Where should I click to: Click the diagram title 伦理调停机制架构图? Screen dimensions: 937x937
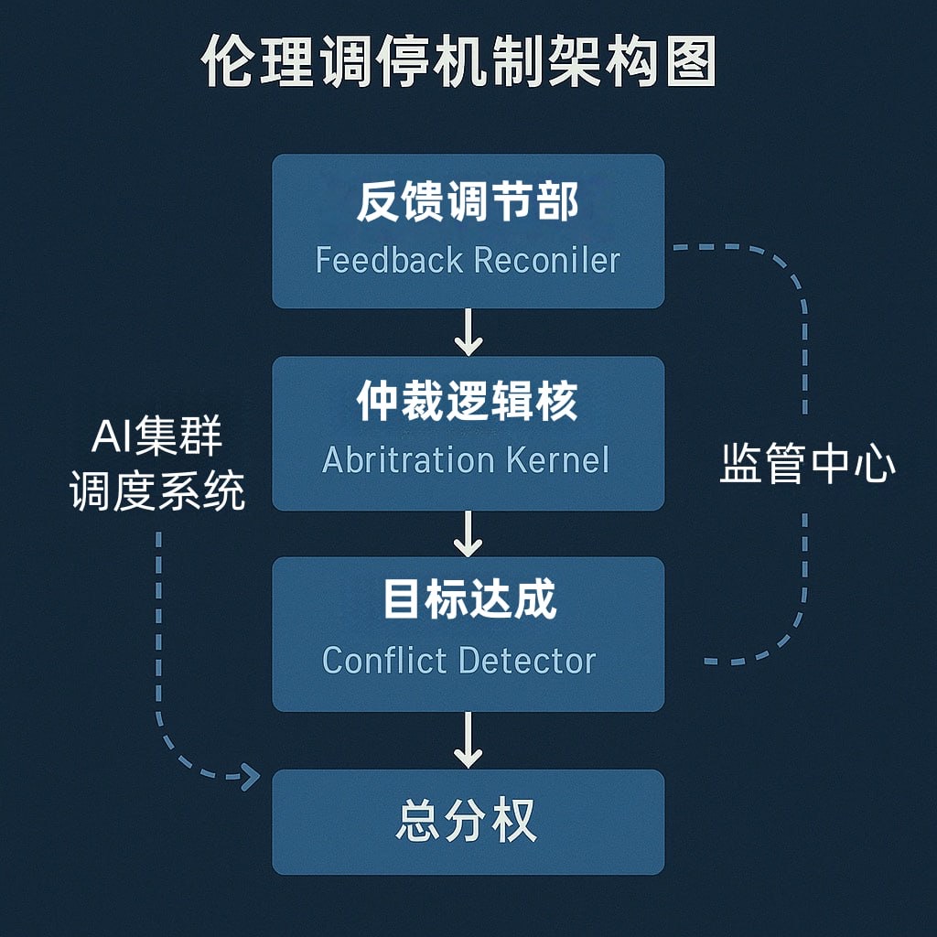click(458, 63)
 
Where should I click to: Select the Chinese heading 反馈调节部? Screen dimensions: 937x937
click(468, 202)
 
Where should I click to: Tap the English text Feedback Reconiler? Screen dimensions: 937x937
click(468, 260)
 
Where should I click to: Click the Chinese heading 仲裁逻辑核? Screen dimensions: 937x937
click(468, 403)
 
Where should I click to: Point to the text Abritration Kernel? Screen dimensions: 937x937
click(466, 459)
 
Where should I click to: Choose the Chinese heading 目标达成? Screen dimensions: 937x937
click(468, 601)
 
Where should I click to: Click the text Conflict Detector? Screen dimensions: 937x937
click(459, 660)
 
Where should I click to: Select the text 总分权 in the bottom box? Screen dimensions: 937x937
click(467, 821)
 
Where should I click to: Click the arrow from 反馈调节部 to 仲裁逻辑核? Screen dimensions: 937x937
click(468, 332)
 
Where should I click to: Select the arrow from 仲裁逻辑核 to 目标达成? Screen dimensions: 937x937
click(468, 533)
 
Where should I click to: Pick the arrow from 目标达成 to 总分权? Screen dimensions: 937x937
click(468, 739)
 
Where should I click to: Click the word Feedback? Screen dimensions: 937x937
click(389, 260)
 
